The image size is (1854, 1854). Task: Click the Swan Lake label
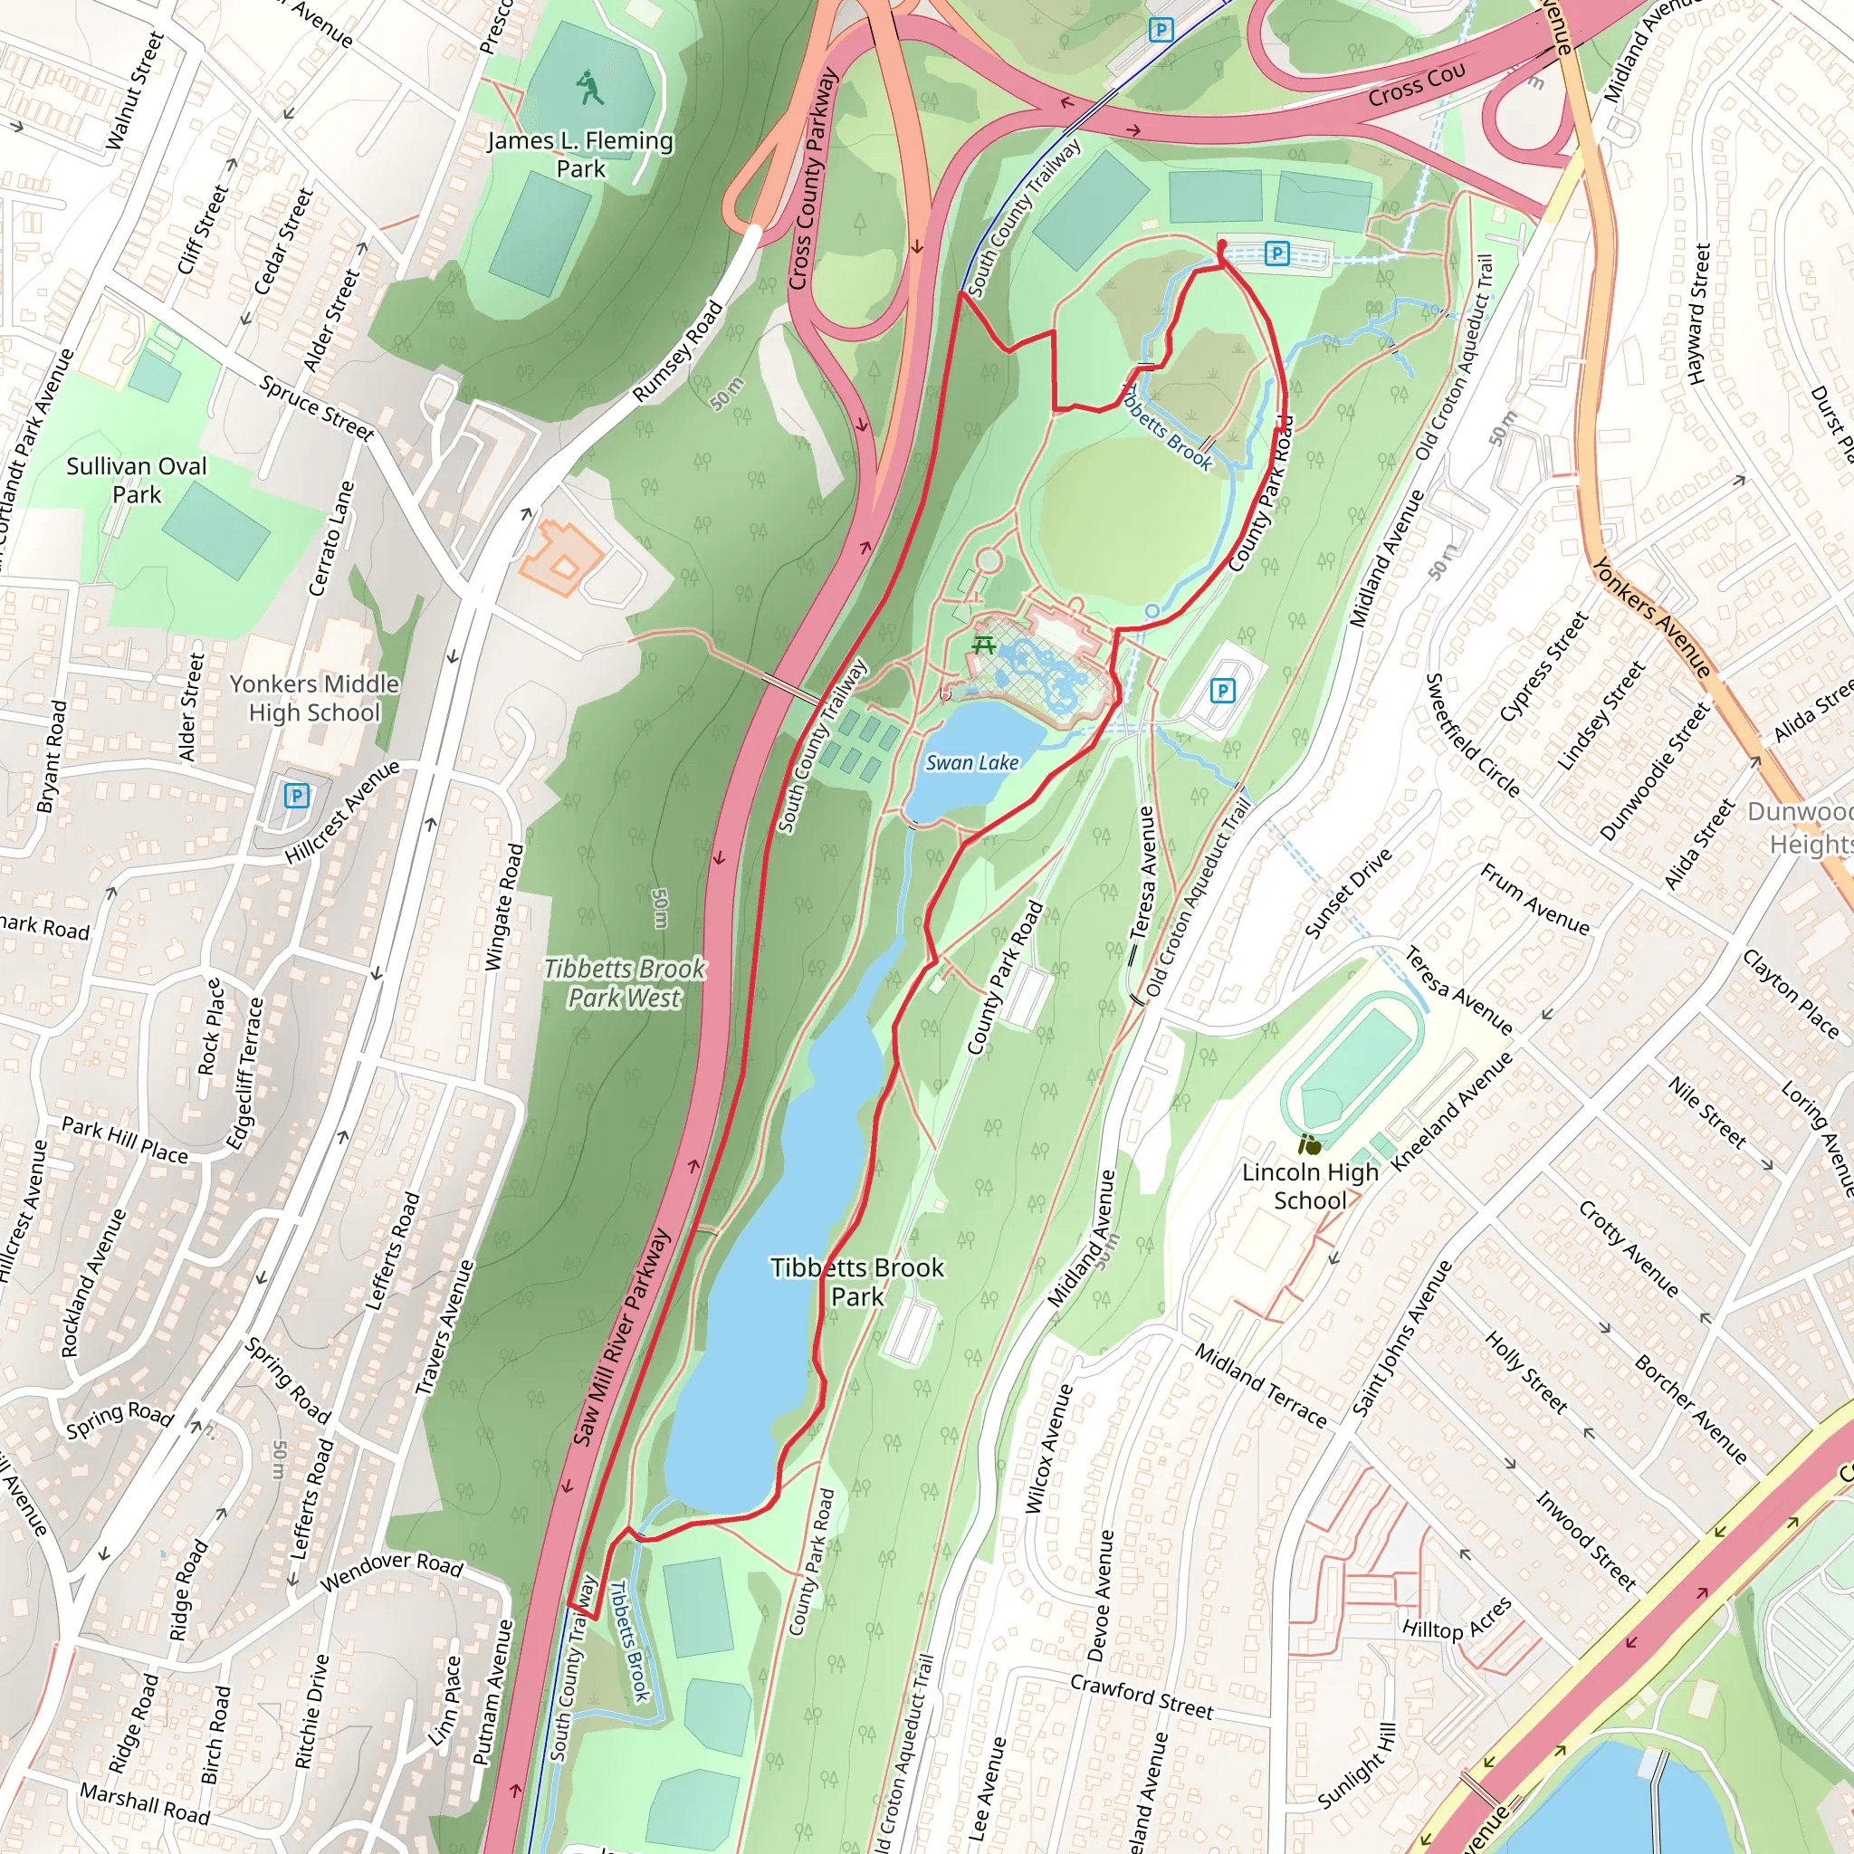click(x=971, y=763)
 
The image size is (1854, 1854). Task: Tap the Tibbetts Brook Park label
click(x=857, y=1282)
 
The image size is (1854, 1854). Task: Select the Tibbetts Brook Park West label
click(x=625, y=984)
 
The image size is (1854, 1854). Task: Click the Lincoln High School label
click(x=1310, y=1186)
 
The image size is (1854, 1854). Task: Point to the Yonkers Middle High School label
click(x=314, y=699)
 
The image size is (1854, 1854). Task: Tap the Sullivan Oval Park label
click(x=137, y=481)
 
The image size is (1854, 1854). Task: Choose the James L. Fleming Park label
click(x=580, y=155)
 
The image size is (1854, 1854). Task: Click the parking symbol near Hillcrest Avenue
click(x=297, y=796)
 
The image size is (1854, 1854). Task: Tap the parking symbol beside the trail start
click(x=1276, y=253)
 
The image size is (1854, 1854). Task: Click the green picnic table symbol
click(x=982, y=645)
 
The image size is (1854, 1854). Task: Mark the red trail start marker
click(x=1221, y=249)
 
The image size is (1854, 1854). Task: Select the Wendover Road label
click(x=391, y=1570)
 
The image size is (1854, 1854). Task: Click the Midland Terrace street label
click(x=1260, y=1386)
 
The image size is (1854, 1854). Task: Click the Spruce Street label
click(x=317, y=409)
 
